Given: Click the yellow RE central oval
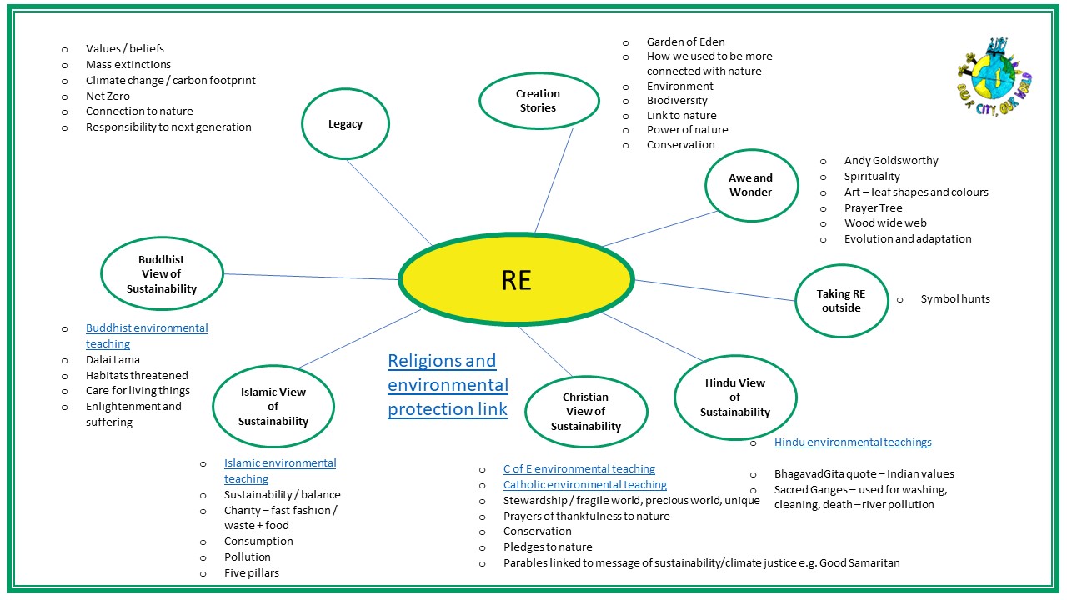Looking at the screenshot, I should click(x=516, y=279).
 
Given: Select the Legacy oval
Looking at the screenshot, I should click(x=345, y=124).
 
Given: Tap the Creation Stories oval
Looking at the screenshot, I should click(x=538, y=101).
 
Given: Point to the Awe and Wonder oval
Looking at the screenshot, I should click(x=751, y=185).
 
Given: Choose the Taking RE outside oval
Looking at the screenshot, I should click(x=840, y=301).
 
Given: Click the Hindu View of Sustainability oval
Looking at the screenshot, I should click(x=734, y=397).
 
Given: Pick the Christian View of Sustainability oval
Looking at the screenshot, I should click(x=585, y=412).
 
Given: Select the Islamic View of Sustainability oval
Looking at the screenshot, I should click(x=273, y=407).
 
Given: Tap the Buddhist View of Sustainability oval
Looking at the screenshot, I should click(x=162, y=274).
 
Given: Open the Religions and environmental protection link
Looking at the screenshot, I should click(x=448, y=385).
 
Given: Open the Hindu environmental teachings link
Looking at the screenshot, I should click(x=853, y=442).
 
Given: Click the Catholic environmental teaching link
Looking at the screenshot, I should click(x=584, y=485).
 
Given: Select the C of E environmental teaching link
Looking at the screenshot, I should click(x=579, y=469).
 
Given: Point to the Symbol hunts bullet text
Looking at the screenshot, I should click(x=955, y=299).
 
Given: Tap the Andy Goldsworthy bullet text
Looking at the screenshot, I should click(x=890, y=161).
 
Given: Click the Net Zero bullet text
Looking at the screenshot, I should click(x=108, y=96).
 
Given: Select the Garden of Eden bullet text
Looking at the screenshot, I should click(x=685, y=42).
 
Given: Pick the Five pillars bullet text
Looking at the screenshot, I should click(x=251, y=573).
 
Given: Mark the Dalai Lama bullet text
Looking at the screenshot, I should click(x=113, y=360).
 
